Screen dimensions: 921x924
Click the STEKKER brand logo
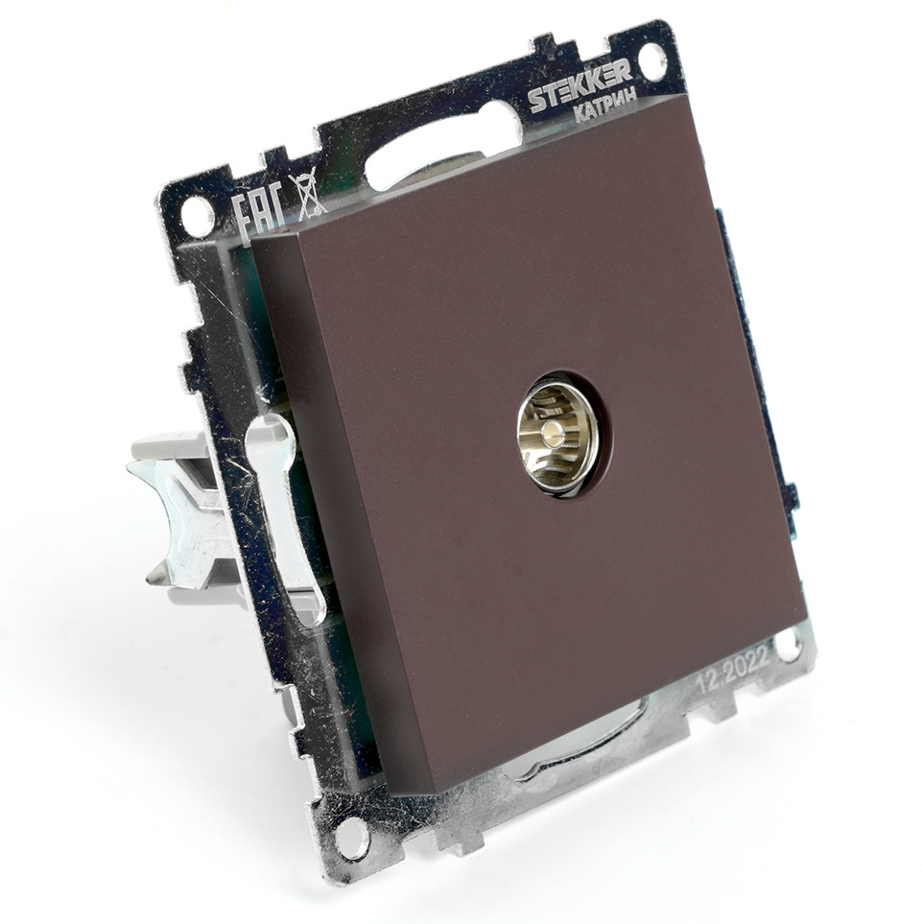579,85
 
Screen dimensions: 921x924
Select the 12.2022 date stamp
733,670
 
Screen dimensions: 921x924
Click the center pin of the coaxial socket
554,429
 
